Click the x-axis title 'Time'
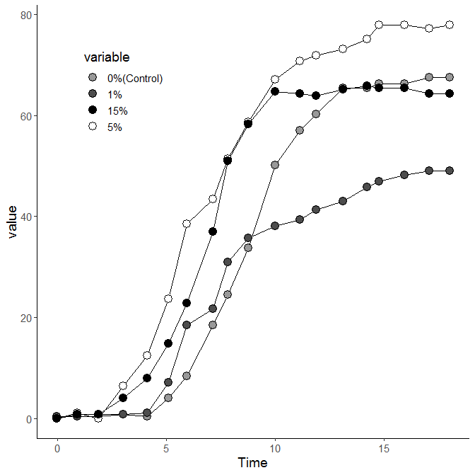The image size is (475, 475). [252, 463]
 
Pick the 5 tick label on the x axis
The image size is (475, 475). [166, 448]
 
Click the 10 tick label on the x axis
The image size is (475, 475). [275, 448]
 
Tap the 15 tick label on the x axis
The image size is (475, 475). [384, 448]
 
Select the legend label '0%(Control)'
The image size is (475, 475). [135, 79]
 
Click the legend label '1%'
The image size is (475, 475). [115, 95]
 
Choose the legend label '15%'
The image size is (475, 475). [117, 111]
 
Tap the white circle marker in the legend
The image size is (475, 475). [92, 127]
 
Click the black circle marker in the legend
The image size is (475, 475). [92, 111]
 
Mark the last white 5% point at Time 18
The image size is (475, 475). [449, 25]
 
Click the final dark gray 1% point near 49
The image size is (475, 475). [449, 171]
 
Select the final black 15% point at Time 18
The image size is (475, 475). [449, 93]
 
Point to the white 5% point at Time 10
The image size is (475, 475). [275, 79]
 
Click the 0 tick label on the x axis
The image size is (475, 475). [57, 448]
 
